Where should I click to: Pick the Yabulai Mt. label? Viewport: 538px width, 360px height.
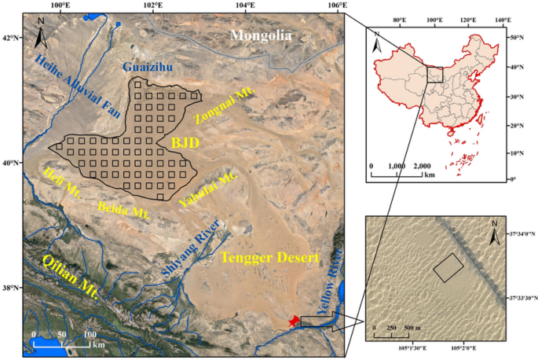(207, 189)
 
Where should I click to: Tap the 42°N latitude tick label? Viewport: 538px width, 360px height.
(11, 37)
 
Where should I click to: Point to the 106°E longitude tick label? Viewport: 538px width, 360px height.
(338, 6)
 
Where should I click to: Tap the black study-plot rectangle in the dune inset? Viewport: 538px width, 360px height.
(448, 268)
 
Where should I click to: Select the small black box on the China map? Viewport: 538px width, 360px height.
(434, 75)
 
